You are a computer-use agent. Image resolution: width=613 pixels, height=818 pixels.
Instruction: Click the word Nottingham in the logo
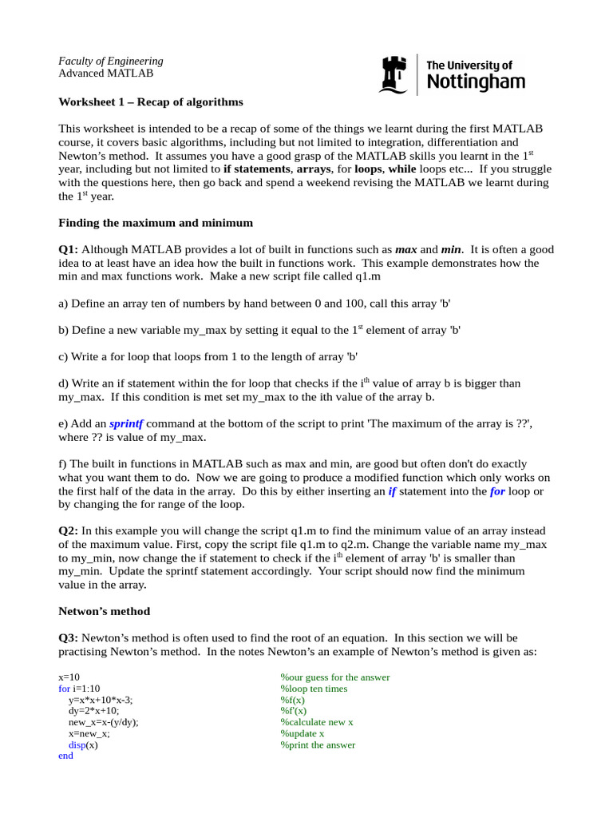(477, 81)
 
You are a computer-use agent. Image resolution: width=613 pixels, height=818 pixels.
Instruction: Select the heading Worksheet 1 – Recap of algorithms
(151, 102)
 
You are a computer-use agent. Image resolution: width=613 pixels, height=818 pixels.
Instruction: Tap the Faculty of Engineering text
(111, 61)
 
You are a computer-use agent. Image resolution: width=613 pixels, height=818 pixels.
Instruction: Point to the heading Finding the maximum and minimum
(156, 222)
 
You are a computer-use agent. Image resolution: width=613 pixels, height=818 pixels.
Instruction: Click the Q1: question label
(69, 249)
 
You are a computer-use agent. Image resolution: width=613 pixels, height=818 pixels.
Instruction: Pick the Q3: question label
(69, 637)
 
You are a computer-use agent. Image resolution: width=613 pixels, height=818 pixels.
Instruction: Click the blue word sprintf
(126, 423)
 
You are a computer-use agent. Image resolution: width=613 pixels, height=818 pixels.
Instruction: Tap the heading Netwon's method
(104, 611)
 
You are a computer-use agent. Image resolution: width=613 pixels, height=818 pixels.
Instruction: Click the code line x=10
(69, 677)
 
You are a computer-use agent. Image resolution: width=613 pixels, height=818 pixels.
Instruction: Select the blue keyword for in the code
(65, 689)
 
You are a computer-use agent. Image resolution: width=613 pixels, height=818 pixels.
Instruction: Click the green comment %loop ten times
(314, 689)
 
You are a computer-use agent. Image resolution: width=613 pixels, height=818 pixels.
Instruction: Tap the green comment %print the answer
(318, 745)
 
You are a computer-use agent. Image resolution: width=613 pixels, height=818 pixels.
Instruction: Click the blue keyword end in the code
(66, 756)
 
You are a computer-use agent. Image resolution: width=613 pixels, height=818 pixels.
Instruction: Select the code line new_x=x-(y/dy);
(104, 722)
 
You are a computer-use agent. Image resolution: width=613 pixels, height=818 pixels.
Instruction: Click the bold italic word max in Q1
(406, 249)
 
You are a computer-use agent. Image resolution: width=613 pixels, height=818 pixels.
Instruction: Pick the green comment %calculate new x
(317, 722)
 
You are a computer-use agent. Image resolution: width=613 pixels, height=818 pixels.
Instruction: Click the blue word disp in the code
(77, 745)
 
